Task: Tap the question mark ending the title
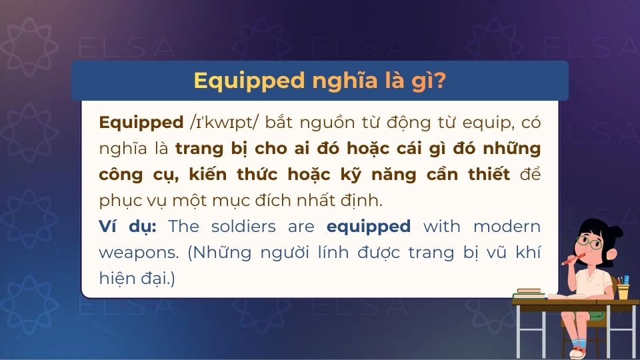click(x=440, y=81)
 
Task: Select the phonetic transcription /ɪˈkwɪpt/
click(x=218, y=123)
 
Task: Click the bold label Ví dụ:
click(x=128, y=227)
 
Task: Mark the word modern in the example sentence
click(x=507, y=227)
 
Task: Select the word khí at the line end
click(x=527, y=253)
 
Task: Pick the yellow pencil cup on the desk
click(x=623, y=291)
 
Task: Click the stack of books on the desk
click(x=528, y=293)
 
